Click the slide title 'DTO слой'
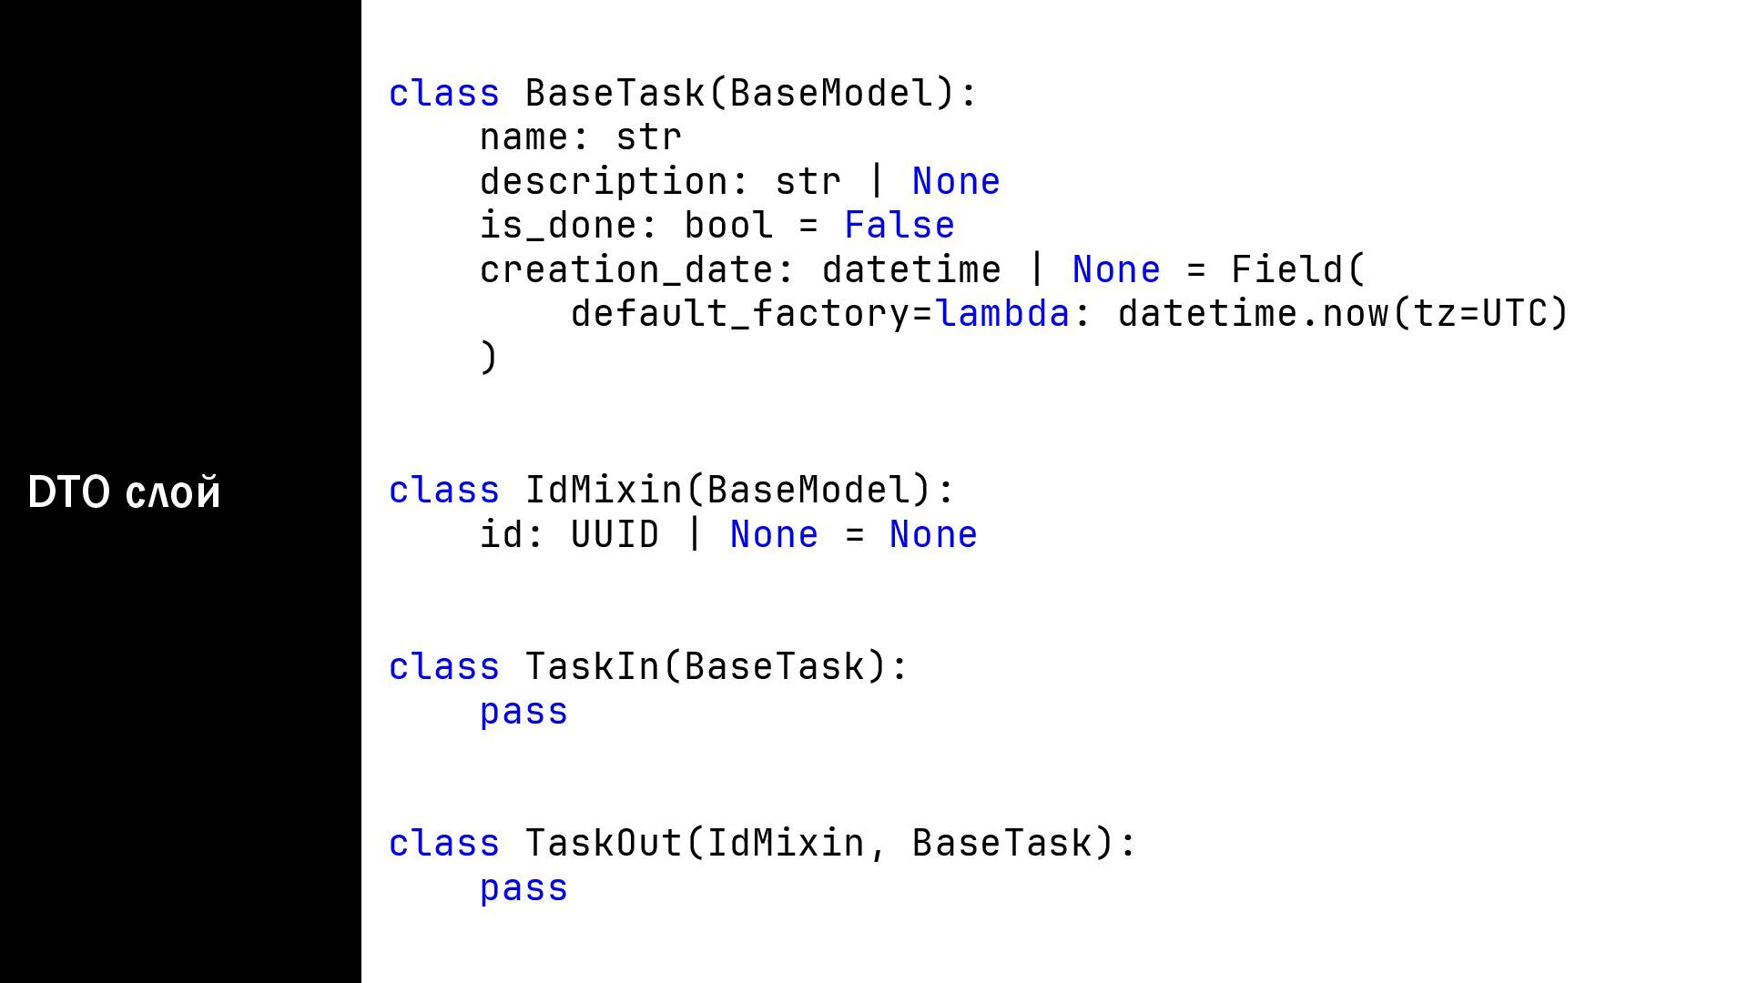tap(124, 492)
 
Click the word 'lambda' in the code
tap(1002, 314)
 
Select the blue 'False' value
tap(899, 226)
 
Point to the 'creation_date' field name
tap(626, 270)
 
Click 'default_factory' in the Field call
tap(740, 314)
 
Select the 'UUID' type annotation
tap(615, 534)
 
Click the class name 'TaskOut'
tap(603, 843)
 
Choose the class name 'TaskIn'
tap(592, 666)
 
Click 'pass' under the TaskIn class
tap(523, 712)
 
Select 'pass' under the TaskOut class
tap(523, 888)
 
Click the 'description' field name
tap(604, 182)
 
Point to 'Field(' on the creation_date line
tap(1298, 270)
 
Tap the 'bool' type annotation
tap(728, 226)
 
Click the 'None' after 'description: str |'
tap(956, 182)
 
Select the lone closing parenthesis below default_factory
tap(489, 357)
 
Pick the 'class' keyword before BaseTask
tap(443, 94)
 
